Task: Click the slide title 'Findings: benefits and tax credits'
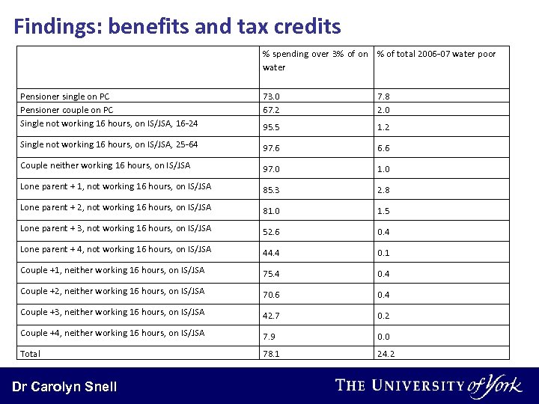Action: (177, 28)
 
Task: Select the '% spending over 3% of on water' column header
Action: (315, 61)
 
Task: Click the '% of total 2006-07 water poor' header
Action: (436, 54)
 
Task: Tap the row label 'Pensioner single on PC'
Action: (64, 97)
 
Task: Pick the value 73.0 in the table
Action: (271, 97)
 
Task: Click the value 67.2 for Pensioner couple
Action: (271, 110)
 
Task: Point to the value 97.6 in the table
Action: (271, 148)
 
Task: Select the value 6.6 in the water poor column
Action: (384, 148)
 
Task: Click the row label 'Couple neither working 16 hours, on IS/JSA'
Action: (105, 165)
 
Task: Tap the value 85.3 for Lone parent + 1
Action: (271, 190)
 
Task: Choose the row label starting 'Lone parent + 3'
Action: (115, 228)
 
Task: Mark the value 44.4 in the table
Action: (271, 253)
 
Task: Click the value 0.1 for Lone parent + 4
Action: (384, 253)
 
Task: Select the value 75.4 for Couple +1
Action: (271, 274)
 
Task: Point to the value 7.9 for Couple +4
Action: (269, 337)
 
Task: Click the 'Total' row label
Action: (31, 353)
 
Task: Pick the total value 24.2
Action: (386, 353)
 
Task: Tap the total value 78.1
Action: (271, 353)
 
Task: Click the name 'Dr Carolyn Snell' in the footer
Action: (64, 387)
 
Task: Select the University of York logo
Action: (429, 385)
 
